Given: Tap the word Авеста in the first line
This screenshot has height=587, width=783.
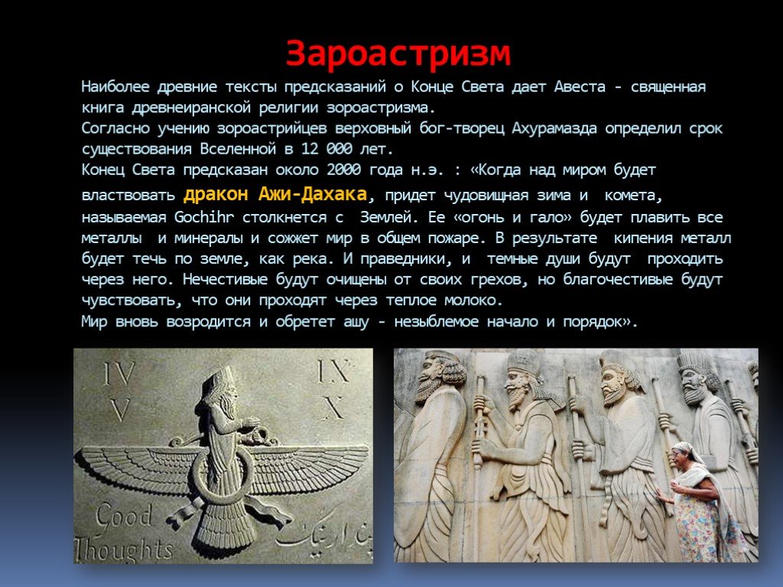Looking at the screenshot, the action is (x=580, y=87).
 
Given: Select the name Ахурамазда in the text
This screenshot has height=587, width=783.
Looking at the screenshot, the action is (x=554, y=128).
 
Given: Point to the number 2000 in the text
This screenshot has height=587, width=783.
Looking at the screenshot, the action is (x=343, y=170).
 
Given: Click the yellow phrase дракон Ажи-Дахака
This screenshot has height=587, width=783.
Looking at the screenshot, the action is (x=275, y=193).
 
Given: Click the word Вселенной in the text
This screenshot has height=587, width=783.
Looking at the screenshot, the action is (x=238, y=149).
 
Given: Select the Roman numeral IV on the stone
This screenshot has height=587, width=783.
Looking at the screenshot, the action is (x=119, y=373).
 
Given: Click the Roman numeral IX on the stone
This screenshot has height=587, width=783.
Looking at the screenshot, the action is (x=333, y=371).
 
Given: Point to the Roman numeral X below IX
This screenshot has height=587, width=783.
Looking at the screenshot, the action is (x=334, y=408).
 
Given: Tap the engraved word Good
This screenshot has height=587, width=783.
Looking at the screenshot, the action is (x=125, y=517).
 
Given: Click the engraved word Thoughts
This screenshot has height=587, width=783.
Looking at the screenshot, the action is (x=125, y=550).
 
